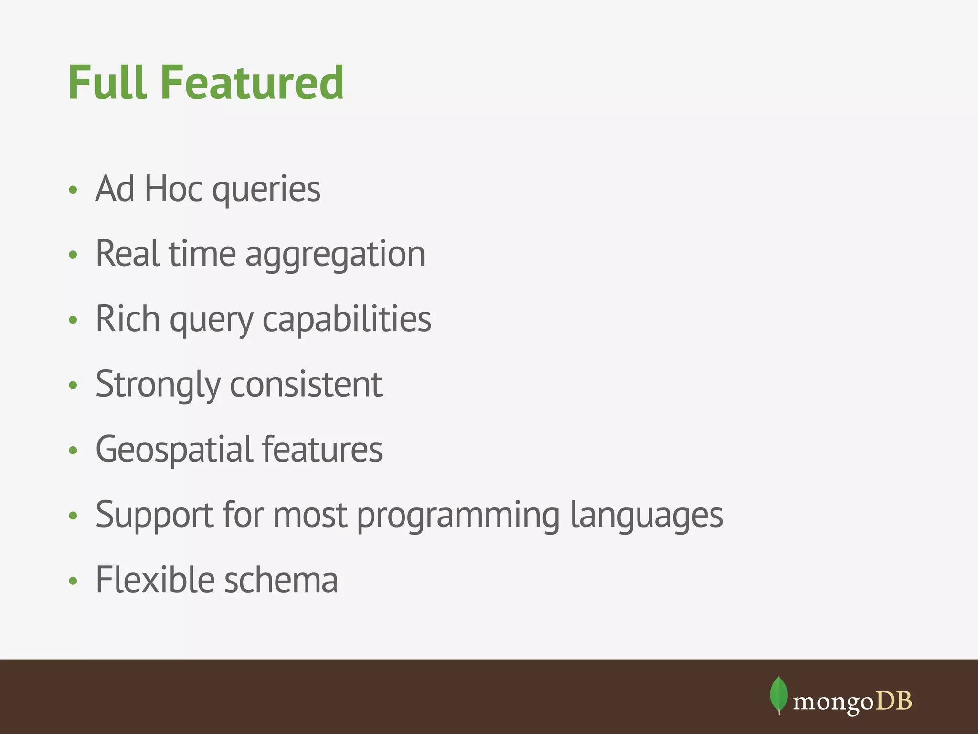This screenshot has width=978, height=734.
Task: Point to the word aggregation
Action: coord(335,256)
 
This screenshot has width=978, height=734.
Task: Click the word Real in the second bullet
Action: coord(127,254)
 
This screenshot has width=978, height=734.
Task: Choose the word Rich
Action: coord(128,319)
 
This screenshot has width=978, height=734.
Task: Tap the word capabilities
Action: coord(347,320)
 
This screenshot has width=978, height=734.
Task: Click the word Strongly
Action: coord(158,386)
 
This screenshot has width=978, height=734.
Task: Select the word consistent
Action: coord(306,385)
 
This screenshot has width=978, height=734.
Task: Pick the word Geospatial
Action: coord(173,451)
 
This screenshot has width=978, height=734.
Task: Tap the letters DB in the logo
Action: coord(893,701)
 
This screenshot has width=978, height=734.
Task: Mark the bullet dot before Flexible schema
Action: coord(73,581)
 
